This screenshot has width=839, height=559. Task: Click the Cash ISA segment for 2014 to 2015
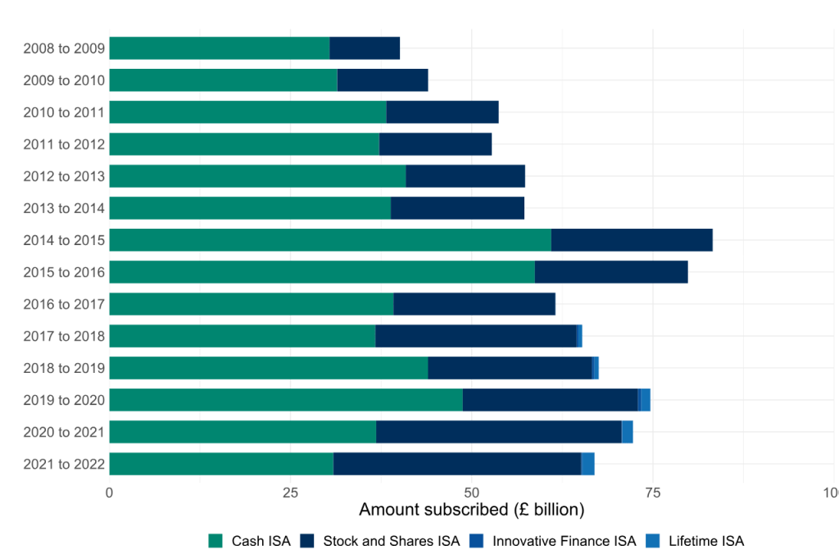point(330,240)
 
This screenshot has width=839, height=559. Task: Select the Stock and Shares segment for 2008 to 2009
point(365,48)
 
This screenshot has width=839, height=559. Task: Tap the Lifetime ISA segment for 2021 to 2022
point(588,464)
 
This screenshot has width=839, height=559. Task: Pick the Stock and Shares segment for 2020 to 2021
point(499,432)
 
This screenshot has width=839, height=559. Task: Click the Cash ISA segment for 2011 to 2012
point(244,144)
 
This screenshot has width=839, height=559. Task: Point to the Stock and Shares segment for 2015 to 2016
point(611,272)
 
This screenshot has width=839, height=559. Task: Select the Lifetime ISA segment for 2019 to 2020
point(646,400)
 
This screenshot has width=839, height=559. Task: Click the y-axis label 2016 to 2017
point(65,304)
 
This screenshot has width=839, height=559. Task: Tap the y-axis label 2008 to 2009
point(65,48)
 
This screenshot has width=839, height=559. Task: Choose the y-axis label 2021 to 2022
point(65,464)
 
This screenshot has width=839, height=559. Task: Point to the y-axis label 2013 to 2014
point(65,208)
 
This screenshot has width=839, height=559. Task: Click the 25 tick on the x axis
point(290,493)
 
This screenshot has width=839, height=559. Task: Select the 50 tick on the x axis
point(471,493)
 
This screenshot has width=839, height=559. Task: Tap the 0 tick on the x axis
point(110,493)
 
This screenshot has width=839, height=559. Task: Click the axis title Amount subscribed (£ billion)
point(471,510)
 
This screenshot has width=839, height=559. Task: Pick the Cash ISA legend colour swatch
point(216,541)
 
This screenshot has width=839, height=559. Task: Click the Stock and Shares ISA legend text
point(392,541)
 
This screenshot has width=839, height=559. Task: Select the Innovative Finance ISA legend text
point(564,541)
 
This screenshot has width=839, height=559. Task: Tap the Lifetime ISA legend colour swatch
point(653,541)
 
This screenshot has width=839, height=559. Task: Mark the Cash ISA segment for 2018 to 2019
point(269,368)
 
